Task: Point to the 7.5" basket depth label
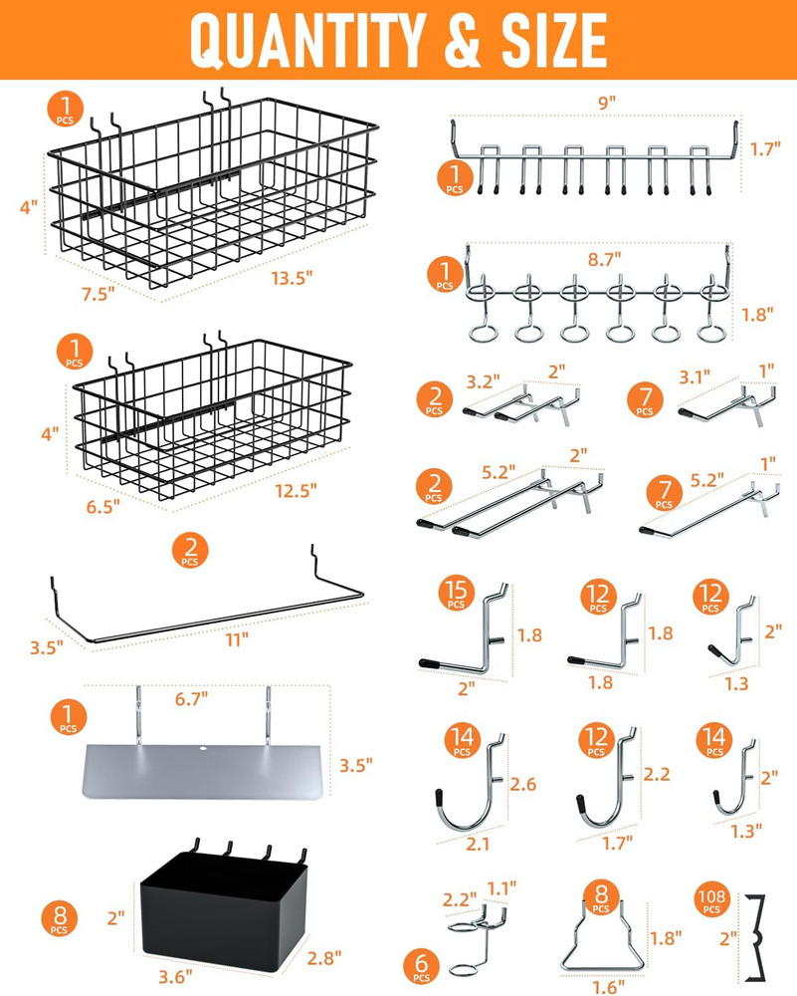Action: (x=98, y=292)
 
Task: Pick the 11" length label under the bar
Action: (x=236, y=639)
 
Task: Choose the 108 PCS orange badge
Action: (x=713, y=901)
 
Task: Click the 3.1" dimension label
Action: (x=693, y=376)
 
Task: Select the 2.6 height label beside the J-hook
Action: (x=523, y=784)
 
